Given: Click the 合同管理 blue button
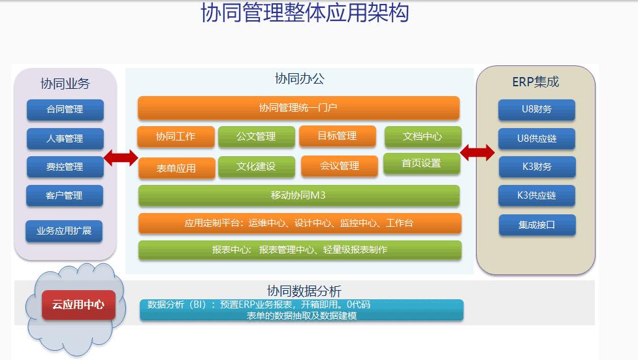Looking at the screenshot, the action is click(x=65, y=110).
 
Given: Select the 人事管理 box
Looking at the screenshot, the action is click(x=65, y=139).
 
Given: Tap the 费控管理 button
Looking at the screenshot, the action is click(x=65, y=167).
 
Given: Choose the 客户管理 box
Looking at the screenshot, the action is click(x=65, y=195).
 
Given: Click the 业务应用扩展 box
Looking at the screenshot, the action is click(x=64, y=231).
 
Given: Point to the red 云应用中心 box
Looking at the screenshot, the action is click(x=78, y=304).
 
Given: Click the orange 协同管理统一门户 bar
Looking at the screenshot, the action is click(x=298, y=108).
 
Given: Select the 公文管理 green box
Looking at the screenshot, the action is click(x=257, y=137).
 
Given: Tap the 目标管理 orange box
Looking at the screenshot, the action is click(x=338, y=136).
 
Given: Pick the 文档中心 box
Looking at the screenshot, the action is click(x=423, y=137).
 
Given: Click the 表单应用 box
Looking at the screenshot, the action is click(x=176, y=168).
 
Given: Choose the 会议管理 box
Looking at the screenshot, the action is click(x=340, y=166).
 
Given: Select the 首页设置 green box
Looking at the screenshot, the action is click(x=422, y=164).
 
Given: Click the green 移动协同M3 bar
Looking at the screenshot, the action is click(x=299, y=195).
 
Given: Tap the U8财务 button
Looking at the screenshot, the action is click(x=537, y=110).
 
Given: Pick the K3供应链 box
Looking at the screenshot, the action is click(x=537, y=195).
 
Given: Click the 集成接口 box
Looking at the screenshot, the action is click(x=537, y=225).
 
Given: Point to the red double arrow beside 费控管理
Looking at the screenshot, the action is click(x=121, y=157).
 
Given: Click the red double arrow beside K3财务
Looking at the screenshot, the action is click(x=477, y=153).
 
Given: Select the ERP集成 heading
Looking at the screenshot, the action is click(x=535, y=82).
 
